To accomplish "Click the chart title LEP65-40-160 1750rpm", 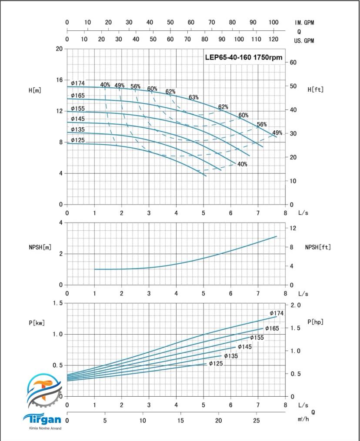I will pos(243,57).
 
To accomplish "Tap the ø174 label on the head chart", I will pos(78,83).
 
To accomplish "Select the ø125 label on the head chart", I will pos(78,140).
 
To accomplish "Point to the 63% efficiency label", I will pos(193,97).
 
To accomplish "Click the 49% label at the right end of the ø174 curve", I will pos(277,133).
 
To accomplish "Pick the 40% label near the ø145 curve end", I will pos(242,164).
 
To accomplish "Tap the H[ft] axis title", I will pos(315,90).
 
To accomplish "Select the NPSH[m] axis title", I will pos(38,247).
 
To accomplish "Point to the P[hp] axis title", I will pos(315,322).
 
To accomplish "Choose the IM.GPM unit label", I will pos(304,23).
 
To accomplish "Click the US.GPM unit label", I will pos(304,41).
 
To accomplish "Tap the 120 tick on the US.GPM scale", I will pos(273,40).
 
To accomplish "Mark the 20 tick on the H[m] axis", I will pos(59,49).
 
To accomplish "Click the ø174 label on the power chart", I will pos(277,313).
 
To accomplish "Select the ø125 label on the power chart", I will pos(216,364).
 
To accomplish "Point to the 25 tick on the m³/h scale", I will pos(257,421).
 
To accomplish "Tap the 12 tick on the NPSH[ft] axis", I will pos(293,228).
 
